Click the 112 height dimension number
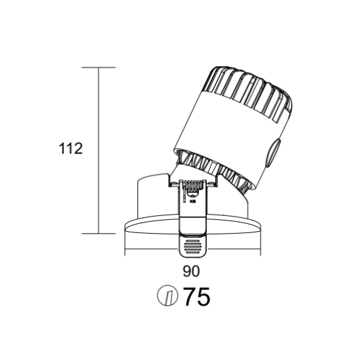click(71, 149)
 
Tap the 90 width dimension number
click(191, 271)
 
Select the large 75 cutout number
click(197, 297)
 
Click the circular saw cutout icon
click(168, 295)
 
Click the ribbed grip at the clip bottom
click(192, 247)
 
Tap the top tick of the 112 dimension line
click(98, 67)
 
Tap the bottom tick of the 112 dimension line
click(98, 234)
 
